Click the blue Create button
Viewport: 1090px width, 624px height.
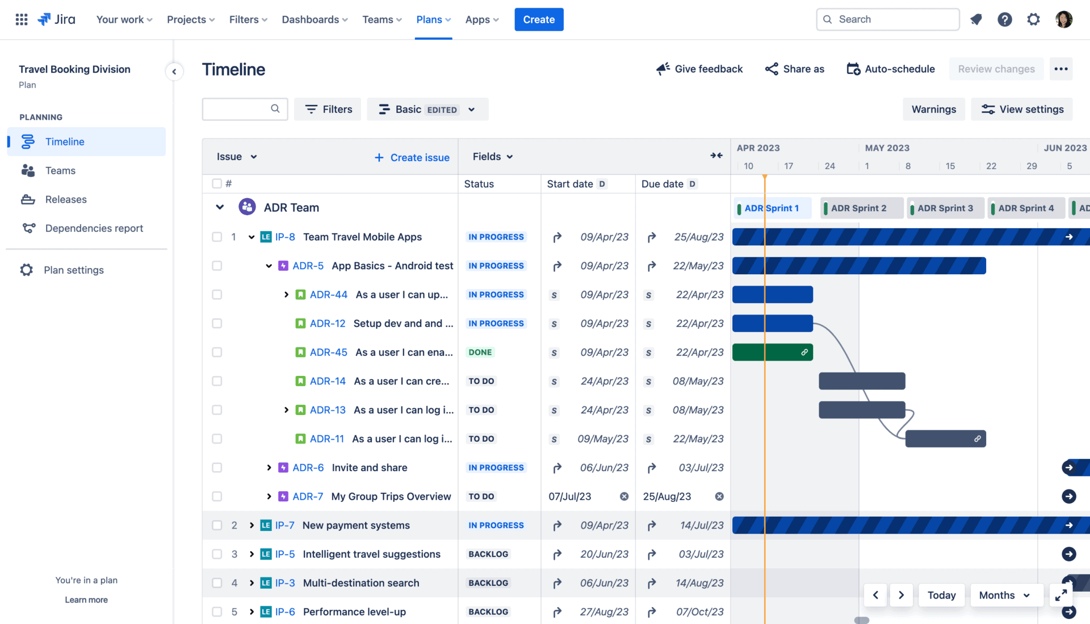538,19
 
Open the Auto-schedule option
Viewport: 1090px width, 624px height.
891,69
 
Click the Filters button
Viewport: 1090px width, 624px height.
328,109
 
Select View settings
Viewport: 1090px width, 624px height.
1022,109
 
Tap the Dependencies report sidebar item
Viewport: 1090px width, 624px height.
94,228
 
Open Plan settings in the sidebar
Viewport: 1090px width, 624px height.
74,270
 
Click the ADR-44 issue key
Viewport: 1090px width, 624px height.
328,295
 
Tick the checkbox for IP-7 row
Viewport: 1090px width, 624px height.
217,525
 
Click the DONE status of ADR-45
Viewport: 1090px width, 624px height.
480,352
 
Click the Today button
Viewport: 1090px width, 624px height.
941,595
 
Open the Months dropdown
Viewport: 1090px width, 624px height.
1004,595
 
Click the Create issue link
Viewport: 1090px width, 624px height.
412,157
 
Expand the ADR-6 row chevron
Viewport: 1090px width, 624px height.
269,468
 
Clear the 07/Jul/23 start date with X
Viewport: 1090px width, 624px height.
624,496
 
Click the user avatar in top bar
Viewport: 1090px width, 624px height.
1063,19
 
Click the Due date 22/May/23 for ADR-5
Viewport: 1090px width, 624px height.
698,266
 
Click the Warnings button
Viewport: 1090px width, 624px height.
933,109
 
